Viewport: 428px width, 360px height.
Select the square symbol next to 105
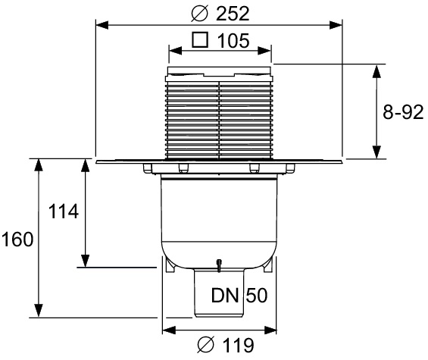[x=201, y=41]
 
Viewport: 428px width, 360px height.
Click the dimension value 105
[x=233, y=42]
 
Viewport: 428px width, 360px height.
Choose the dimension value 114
[x=63, y=212]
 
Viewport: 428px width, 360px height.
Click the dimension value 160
[x=17, y=240]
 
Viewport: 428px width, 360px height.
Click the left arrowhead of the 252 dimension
[x=99, y=24]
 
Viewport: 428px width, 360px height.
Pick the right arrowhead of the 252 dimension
[x=338, y=24]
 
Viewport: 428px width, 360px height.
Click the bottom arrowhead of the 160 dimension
[x=36, y=312]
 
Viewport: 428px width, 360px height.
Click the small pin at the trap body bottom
[x=218, y=265]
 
